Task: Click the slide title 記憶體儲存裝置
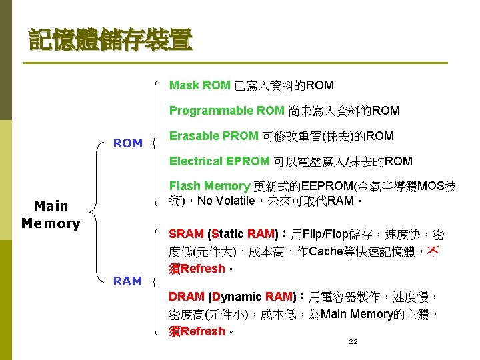pyautogui.click(x=110, y=39)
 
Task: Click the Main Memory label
pyautogui.click(x=51, y=215)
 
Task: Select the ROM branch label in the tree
pyautogui.click(x=128, y=143)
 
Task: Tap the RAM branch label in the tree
pyautogui.click(x=127, y=281)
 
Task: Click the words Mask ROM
pyautogui.click(x=199, y=85)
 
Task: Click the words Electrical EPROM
pyautogui.click(x=219, y=161)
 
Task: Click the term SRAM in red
pyautogui.click(x=186, y=234)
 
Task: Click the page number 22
pyautogui.click(x=353, y=342)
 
